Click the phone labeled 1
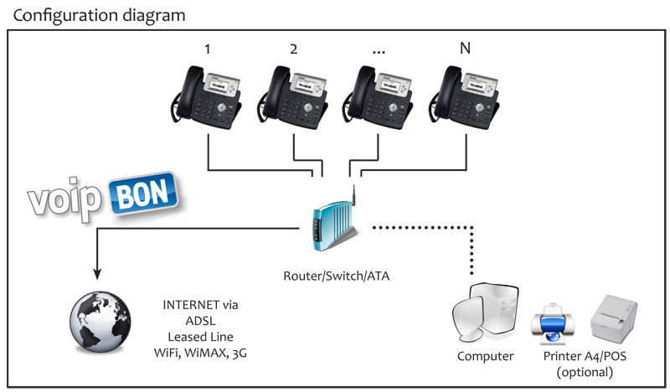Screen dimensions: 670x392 207,97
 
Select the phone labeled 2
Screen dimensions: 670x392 292,97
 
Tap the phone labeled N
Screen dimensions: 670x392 465,97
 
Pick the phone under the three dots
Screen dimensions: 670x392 379,97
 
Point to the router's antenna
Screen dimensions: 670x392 354,195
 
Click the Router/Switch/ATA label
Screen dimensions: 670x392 337,276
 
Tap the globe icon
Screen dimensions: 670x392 100,322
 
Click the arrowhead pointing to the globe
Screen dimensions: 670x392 97,274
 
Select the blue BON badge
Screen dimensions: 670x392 143,194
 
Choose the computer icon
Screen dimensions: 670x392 486,314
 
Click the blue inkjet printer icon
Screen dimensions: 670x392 553,323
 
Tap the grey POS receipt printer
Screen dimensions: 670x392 614,319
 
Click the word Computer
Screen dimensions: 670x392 486,357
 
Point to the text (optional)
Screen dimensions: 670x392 585,373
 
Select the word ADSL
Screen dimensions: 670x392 200,321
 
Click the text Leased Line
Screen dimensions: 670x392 200,337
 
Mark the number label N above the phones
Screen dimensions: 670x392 465,48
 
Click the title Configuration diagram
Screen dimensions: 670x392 99,16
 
